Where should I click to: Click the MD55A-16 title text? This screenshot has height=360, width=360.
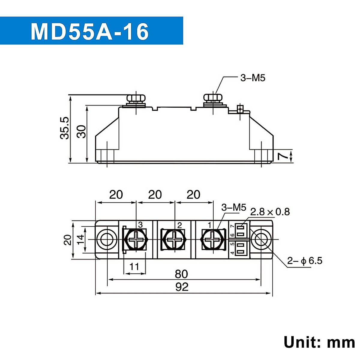[x=90, y=31]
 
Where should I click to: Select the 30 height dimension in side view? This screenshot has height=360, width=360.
[x=81, y=131]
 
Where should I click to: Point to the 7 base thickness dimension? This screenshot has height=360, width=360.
[x=281, y=155]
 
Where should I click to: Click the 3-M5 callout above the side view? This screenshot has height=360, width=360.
[x=253, y=78]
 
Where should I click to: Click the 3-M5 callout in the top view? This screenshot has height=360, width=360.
[x=233, y=207]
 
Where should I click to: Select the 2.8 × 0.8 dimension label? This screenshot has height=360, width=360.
[x=270, y=212]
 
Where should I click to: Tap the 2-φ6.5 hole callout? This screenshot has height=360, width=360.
[x=304, y=261]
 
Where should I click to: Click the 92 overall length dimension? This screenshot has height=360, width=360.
[x=182, y=287]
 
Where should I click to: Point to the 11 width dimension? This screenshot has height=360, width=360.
[x=134, y=266]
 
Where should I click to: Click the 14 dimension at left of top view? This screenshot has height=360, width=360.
[x=80, y=239]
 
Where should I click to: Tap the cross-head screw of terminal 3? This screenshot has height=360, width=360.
[x=136, y=239]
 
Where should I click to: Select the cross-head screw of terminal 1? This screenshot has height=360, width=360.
[x=213, y=239]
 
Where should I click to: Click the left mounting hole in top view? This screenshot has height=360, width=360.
[x=107, y=239]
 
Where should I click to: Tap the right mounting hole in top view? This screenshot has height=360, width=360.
[x=260, y=239]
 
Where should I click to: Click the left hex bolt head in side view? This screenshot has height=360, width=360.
[x=136, y=98]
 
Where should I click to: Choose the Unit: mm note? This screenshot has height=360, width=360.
[x=319, y=342]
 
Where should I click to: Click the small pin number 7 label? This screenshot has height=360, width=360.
[x=232, y=227]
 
